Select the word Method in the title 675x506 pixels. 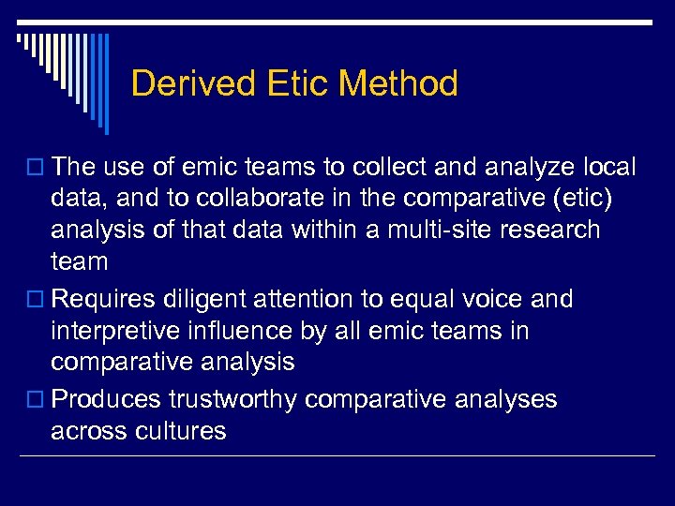pyautogui.click(x=398, y=84)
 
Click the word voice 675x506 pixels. pyautogui.click(x=506, y=300)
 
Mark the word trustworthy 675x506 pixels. pyautogui.click(x=233, y=400)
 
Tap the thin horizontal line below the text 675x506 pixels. pyautogui.click(x=337, y=456)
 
